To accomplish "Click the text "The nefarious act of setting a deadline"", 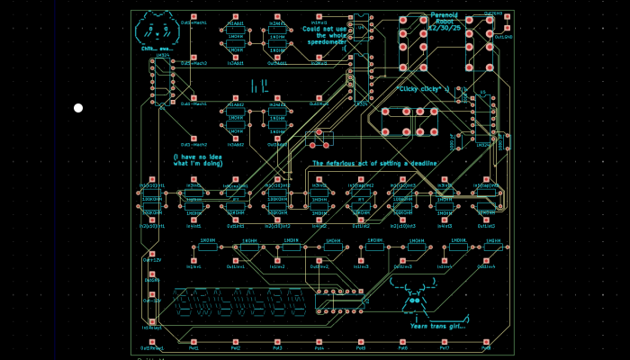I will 374,163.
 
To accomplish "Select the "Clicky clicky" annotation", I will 422,89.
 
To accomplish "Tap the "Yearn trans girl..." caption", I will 440,325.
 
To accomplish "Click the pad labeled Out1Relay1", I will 151,341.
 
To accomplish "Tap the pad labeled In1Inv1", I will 193,260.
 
